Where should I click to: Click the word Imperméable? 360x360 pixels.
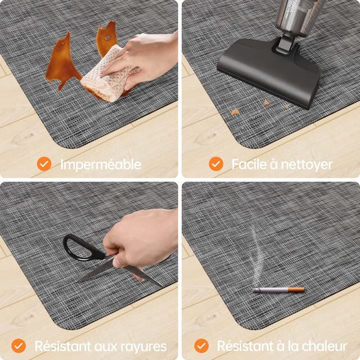point(101,164)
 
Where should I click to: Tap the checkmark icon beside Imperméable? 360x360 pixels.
point(44,164)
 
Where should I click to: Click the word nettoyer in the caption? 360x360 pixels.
point(307,164)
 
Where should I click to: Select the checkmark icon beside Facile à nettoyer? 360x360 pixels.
point(216,164)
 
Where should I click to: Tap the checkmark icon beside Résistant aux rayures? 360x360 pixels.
point(19,345)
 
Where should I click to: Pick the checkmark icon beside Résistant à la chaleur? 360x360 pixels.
point(201,345)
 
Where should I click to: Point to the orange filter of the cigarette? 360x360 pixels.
point(296,290)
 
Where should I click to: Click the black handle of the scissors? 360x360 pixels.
point(79,248)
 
